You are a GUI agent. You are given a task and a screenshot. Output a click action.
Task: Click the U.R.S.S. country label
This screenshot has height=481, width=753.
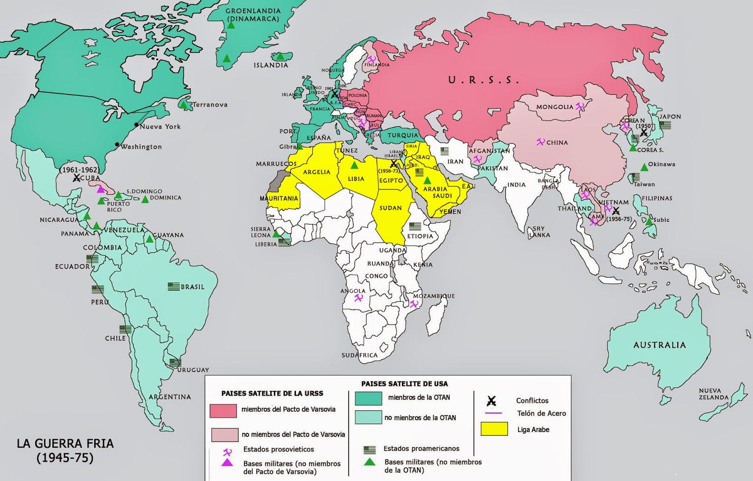coord(483,80)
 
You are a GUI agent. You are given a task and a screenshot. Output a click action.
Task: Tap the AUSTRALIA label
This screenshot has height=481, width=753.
coord(659,345)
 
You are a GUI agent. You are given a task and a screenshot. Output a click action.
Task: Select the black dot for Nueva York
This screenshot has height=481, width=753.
coord(136,125)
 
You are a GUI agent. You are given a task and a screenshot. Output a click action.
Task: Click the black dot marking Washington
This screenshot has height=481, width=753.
coord(117,144)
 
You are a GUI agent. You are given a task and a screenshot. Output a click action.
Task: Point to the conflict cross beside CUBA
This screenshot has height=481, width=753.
coord(76,178)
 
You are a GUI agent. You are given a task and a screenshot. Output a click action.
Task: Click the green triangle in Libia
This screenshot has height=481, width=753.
coord(354,165)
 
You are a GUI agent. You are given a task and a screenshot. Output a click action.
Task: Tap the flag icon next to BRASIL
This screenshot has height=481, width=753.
coord(174,286)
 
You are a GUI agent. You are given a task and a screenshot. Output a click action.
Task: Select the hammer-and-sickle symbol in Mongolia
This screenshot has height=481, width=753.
coord(580,106)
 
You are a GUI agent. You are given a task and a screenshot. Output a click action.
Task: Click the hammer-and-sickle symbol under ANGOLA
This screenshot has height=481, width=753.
coord(359,298)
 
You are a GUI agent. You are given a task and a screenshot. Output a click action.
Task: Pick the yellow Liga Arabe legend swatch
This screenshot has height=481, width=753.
coord(494,429)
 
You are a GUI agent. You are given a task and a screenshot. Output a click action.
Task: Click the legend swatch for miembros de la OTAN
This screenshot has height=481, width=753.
coord(368,398)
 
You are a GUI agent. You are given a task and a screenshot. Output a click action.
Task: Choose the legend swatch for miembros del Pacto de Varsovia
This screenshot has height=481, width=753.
coord(223,410)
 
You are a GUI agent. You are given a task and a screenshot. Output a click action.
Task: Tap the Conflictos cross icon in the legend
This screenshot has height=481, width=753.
coord(491,401)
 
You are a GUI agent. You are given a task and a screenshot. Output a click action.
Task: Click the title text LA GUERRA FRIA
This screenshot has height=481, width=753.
coord(65,443)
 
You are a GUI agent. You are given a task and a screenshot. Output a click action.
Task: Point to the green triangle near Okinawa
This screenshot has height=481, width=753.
coord(644,167)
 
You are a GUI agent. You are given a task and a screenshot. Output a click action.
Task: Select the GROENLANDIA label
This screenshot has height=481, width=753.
coord(253,11)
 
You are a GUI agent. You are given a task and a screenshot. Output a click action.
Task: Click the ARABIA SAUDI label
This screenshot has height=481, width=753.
coord(438,192)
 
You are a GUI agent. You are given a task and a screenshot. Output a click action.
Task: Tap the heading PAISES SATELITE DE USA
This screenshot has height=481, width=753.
coord(404,384)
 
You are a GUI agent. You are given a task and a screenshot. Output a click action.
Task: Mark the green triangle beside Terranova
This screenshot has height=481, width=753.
coord(184,104)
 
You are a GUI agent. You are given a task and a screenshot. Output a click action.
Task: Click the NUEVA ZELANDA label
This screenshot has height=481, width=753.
coord(713,394)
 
